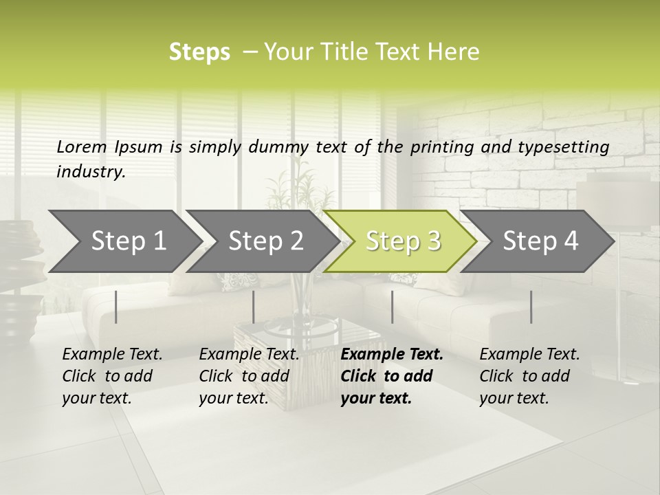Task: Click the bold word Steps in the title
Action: click(x=199, y=52)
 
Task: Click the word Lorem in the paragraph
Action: click(x=81, y=146)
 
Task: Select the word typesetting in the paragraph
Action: click(x=570, y=146)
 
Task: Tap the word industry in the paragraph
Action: click(x=90, y=171)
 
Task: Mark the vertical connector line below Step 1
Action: click(x=116, y=307)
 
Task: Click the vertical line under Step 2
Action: click(x=254, y=307)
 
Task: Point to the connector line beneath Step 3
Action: click(x=392, y=307)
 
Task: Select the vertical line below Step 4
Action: click(x=531, y=307)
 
